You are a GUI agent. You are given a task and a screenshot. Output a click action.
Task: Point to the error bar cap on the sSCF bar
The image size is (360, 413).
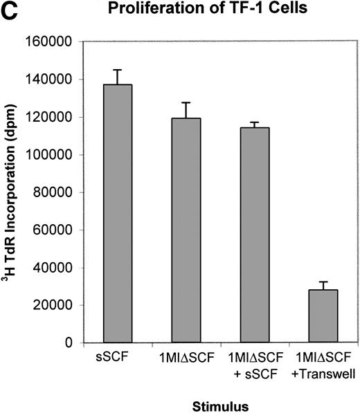118,70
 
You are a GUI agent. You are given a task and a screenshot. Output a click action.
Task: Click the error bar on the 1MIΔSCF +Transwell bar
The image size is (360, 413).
323,285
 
